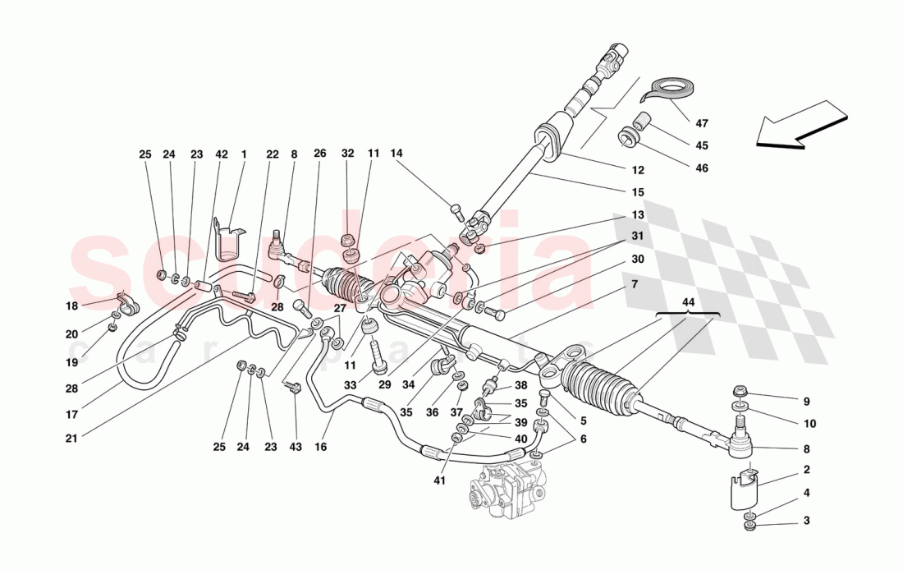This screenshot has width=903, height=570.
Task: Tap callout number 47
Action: [x=701, y=124]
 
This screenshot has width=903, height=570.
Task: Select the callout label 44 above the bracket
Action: [x=688, y=303]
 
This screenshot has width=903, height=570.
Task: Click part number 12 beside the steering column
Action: [x=638, y=171]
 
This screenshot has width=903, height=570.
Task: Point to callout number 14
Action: [x=396, y=154]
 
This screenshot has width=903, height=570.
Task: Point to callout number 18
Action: [x=71, y=306]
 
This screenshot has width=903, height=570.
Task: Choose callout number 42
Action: [x=199, y=154]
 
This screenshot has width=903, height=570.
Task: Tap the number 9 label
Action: [x=806, y=402]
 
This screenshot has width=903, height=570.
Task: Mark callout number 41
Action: [x=440, y=480]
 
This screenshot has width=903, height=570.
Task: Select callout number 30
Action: [x=638, y=259]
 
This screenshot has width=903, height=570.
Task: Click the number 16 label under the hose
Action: [x=320, y=448]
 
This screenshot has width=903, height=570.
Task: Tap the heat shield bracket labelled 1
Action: [x=227, y=237]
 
